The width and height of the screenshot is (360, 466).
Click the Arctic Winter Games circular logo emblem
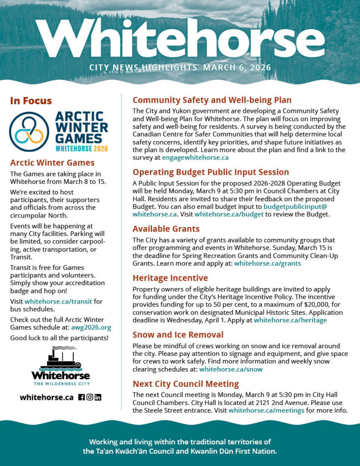pyautogui.click(x=29, y=132)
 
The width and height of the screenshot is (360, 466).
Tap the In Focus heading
pyautogui.click(x=31, y=101)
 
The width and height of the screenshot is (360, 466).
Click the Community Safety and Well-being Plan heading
pyautogui.click(x=212, y=100)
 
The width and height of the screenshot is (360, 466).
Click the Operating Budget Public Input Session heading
pyautogui.click(x=210, y=172)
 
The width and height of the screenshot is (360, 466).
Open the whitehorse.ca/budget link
pyautogui.click(x=229, y=214)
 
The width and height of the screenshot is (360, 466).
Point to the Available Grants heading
pyautogui.click(x=166, y=229)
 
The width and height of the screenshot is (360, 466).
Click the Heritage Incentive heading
pyautogui.click(x=170, y=278)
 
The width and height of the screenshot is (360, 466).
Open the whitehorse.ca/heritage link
pyautogui.click(x=290, y=320)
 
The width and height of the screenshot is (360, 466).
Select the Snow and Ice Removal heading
pyautogui.click(x=177, y=335)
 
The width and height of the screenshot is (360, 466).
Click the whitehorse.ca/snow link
pyautogui.click(x=231, y=369)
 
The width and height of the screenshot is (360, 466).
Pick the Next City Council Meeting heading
pyautogui.click(x=185, y=384)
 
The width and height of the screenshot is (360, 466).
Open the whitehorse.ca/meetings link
pyautogui.click(x=266, y=410)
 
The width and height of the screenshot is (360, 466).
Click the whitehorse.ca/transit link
pyautogui.click(x=57, y=301)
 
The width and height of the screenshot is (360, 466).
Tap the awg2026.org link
pyautogui.click(x=91, y=327)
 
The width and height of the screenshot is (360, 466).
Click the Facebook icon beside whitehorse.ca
pyautogui.click(x=81, y=397)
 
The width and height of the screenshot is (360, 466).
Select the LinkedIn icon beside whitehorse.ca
pyautogui.click(x=98, y=397)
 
